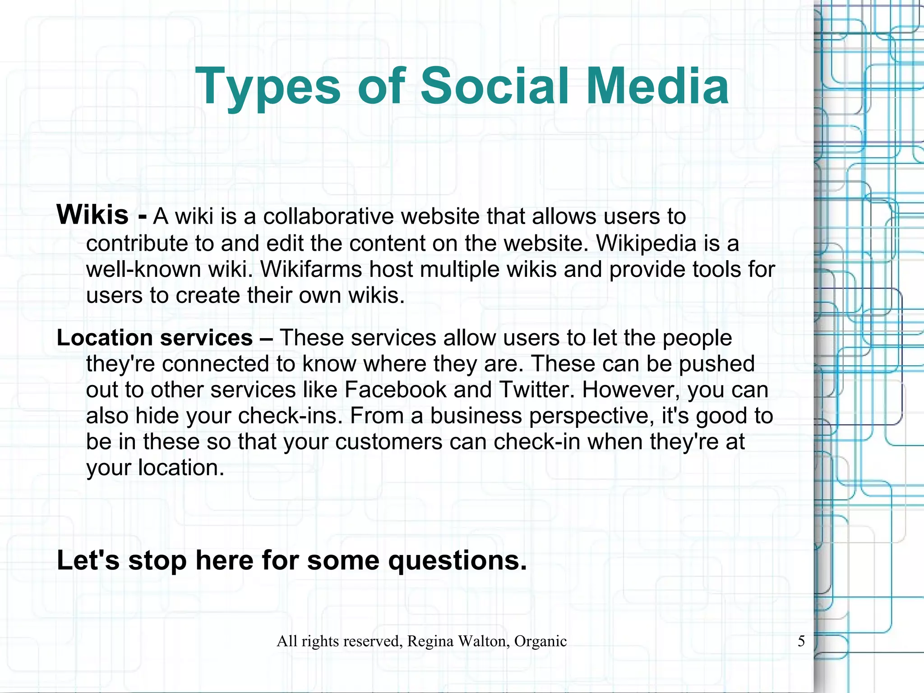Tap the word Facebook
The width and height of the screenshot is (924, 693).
395,390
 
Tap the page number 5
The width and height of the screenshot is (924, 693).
801,641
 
